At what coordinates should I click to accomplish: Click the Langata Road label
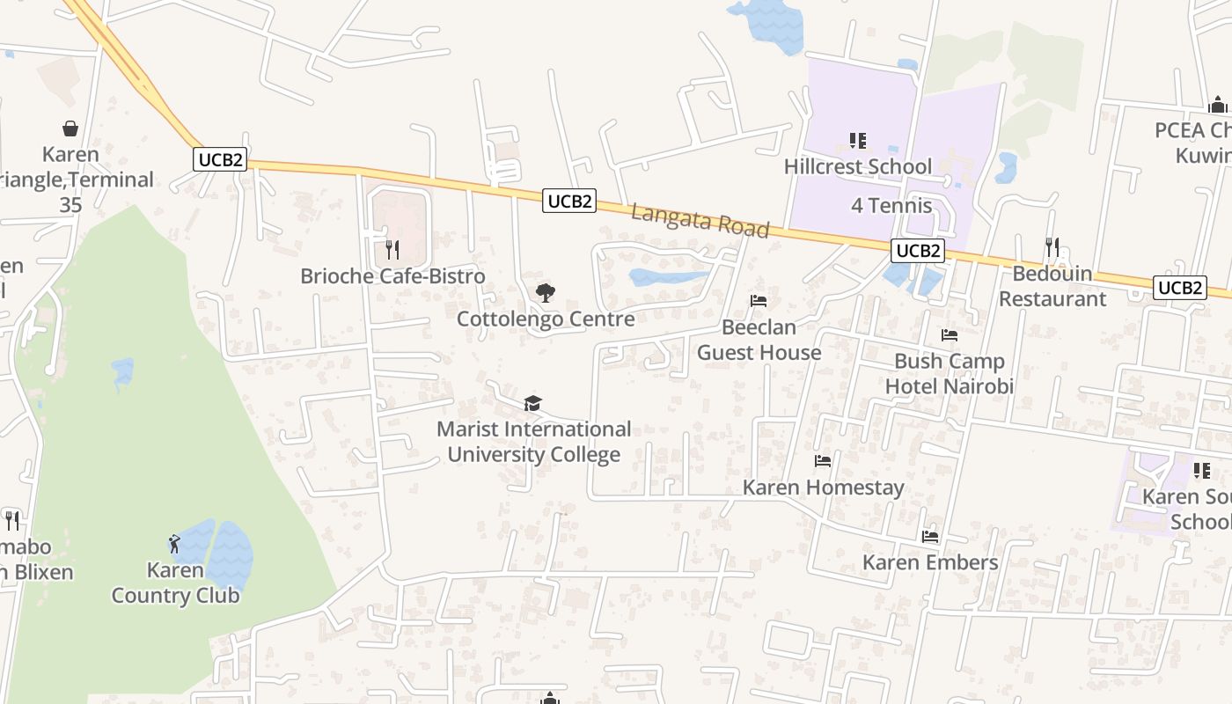click(700, 220)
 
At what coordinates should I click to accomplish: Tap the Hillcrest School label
click(857, 166)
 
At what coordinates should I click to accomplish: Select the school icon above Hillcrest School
click(857, 141)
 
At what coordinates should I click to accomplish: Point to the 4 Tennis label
click(891, 206)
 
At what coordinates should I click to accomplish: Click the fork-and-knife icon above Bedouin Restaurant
click(1052, 246)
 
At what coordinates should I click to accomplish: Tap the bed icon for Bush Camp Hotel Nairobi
click(949, 335)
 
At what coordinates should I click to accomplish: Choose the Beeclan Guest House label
click(759, 340)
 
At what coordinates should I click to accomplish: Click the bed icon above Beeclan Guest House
click(759, 301)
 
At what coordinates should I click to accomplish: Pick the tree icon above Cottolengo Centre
click(546, 292)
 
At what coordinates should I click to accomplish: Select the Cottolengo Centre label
click(546, 319)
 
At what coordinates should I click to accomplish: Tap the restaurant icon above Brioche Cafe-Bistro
click(392, 250)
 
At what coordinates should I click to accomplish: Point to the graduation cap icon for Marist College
click(532, 403)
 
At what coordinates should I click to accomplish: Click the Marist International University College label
click(534, 442)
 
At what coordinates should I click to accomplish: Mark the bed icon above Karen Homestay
click(823, 460)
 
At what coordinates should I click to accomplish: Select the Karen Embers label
click(930, 562)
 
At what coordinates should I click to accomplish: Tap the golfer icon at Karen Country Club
click(174, 543)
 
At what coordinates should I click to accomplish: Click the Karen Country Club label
click(175, 583)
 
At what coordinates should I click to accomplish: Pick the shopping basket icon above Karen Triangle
click(70, 128)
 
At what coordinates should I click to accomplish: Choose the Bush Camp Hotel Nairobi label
click(949, 374)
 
